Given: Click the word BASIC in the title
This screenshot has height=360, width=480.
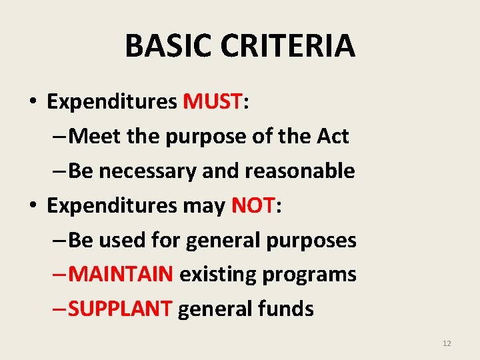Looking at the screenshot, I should pyautogui.click(x=163, y=46).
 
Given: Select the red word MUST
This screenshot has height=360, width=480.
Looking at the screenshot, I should pyautogui.click(x=212, y=101).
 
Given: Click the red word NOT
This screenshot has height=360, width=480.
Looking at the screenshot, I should pyautogui.click(x=253, y=205).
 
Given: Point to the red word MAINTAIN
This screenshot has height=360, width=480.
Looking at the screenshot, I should pyautogui.click(x=121, y=274).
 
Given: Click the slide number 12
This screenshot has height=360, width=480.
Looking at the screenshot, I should pyautogui.click(x=447, y=343).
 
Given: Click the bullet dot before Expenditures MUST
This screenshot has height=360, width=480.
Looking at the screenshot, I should pyautogui.click(x=33, y=103).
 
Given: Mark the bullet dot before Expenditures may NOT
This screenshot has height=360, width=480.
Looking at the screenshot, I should pyautogui.click(x=33, y=207).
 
